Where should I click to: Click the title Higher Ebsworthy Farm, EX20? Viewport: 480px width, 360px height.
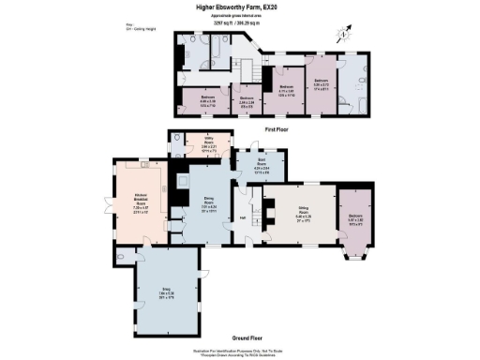[240, 8]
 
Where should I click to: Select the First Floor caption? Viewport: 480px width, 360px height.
[276, 127]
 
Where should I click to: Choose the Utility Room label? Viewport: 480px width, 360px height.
[209, 146]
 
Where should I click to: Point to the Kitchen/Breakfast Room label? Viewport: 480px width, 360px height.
[128, 198]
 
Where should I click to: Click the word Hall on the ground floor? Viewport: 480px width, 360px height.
[243, 218]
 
